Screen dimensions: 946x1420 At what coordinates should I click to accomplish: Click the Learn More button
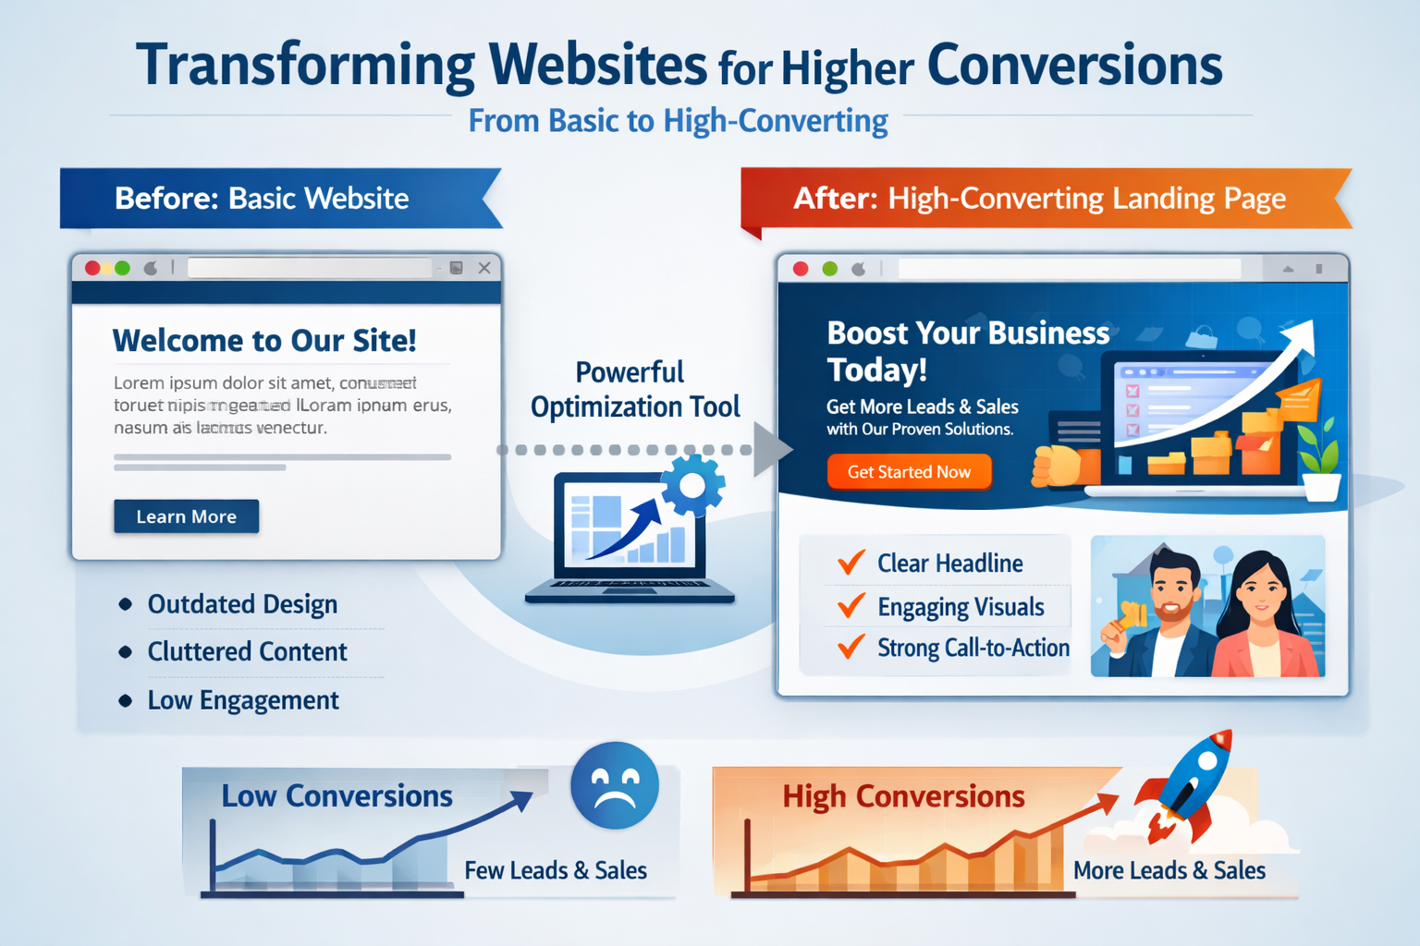point(186,516)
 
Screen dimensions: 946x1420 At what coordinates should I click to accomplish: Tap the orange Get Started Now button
point(909,472)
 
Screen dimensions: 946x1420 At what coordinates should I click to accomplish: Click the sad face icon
point(615,785)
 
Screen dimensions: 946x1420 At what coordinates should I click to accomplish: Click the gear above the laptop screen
point(692,483)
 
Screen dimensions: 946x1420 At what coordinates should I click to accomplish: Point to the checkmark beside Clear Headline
point(851,562)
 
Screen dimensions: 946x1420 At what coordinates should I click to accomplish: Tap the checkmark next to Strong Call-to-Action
point(851,647)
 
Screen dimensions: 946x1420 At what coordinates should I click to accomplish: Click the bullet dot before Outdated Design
point(126,604)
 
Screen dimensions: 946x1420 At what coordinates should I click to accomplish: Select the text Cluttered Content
point(247,651)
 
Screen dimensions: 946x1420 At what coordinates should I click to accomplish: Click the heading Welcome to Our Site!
point(264,341)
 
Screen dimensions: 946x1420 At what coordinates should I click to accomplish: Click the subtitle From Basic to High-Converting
point(678,121)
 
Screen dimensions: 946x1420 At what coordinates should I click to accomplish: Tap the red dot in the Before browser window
point(92,268)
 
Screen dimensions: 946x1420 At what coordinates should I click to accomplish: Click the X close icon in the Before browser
point(484,268)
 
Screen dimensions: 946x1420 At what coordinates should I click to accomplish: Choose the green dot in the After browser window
point(829,269)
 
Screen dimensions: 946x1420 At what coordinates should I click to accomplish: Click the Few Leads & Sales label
point(556,870)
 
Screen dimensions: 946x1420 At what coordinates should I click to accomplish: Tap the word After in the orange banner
point(835,199)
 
